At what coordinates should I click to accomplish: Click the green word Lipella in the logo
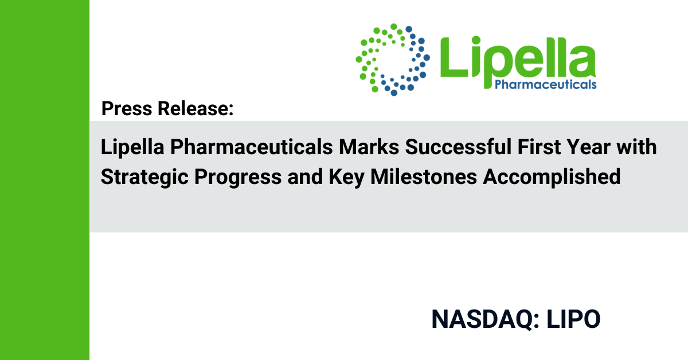(518, 58)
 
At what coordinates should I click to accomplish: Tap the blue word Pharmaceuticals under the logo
(545, 84)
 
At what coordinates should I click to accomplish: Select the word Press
(127, 108)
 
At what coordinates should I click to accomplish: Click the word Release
(196, 108)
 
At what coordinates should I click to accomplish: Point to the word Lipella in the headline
(132, 147)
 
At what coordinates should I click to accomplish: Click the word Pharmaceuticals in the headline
(252, 147)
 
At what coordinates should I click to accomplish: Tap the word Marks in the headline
(369, 147)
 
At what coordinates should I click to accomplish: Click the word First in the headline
(539, 147)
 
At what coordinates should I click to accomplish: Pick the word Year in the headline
(588, 147)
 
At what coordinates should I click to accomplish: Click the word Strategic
(144, 178)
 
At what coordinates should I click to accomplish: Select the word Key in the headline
(347, 178)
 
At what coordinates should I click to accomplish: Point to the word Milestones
(424, 177)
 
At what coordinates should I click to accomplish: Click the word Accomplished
(552, 178)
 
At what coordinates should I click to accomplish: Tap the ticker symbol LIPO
(573, 319)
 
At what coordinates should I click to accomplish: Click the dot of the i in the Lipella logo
(476, 41)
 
